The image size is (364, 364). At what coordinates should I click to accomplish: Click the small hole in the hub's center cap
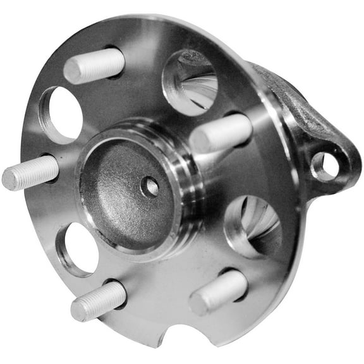(151, 186)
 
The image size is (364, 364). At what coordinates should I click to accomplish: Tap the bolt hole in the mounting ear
(325, 165)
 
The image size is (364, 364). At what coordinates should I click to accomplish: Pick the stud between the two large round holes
(222, 133)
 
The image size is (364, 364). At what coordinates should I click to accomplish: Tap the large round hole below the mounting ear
(253, 226)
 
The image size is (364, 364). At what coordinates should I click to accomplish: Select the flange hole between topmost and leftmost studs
(62, 114)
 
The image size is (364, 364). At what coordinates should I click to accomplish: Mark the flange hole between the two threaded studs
(76, 248)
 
